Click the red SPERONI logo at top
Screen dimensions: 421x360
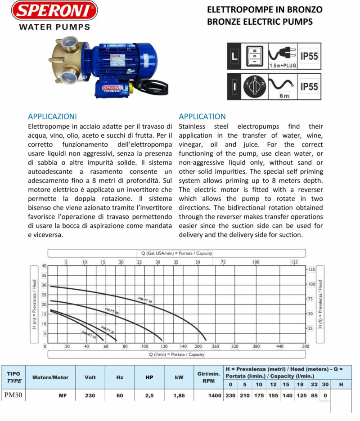coord(54,11)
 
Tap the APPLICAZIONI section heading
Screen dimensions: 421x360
coord(52,116)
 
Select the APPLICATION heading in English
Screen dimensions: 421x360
coord(202,116)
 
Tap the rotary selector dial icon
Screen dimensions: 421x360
coord(255,85)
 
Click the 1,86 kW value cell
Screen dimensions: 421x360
coord(179,396)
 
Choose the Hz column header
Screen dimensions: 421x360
coord(120,377)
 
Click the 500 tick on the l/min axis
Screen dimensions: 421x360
coord(306,347)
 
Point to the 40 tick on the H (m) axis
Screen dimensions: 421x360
coord(44,266)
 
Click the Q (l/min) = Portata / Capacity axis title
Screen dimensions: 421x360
coord(177,354)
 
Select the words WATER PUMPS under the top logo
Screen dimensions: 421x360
coord(54,27)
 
